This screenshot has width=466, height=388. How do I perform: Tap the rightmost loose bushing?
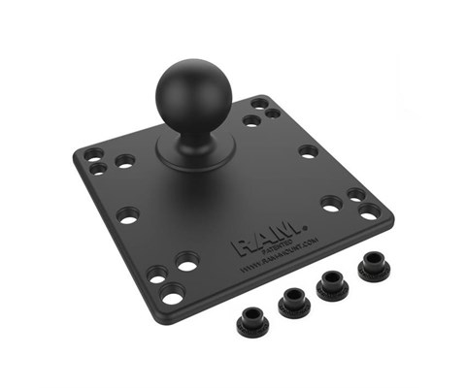[373, 265]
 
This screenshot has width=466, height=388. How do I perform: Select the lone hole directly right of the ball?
[309, 151]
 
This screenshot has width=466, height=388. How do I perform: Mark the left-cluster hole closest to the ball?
[124, 161]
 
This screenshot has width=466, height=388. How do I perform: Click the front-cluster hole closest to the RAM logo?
[187, 261]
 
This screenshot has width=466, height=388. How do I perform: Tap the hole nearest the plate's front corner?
[173, 295]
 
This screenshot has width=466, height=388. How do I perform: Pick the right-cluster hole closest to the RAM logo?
[331, 204]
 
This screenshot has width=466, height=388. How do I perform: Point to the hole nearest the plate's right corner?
[370, 211]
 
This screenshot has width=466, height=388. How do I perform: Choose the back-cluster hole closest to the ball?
[251, 121]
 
